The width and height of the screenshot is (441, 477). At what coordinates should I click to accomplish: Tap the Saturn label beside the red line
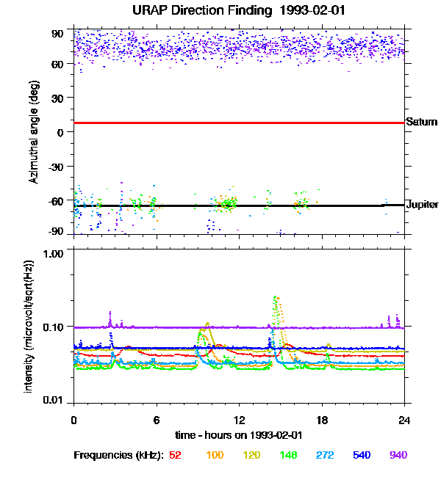[x=422, y=122]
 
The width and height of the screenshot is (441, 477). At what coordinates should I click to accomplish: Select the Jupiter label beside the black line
[x=423, y=204]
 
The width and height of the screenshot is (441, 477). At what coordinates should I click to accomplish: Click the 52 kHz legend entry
[x=175, y=455]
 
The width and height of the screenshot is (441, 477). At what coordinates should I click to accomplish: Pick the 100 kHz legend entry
[x=215, y=455]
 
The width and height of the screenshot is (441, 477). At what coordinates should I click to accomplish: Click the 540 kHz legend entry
[x=362, y=455]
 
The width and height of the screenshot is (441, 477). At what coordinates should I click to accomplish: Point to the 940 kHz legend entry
[x=398, y=455]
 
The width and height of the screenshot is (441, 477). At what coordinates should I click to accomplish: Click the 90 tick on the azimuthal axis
[x=57, y=33]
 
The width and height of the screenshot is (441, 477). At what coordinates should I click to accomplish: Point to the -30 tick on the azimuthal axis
[x=54, y=166]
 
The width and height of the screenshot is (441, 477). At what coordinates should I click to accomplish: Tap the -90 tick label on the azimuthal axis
[x=54, y=232]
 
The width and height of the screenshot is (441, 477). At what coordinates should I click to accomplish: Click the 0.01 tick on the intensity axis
[x=51, y=400]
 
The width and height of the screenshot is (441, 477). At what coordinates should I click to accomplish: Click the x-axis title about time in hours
[x=239, y=434]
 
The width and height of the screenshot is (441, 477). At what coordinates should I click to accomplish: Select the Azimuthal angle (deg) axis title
[x=34, y=132]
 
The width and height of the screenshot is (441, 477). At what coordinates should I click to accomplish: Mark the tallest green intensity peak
[x=275, y=297]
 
